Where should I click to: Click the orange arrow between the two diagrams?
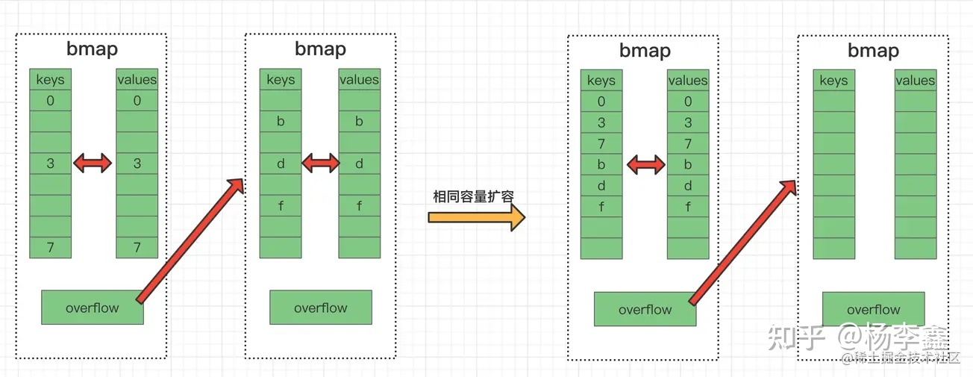pyautogui.click(x=477, y=217)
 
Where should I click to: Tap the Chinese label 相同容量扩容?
pyautogui.click(x=474, y=196)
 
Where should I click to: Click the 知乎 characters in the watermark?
pyautogui.click(x=796, y=337)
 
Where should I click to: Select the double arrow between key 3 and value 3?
pyautogui.click(x=93, y=163)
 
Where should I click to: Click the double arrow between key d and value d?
pyautogui.click(x=321, y=163)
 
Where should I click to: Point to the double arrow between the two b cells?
pyautogui.click(x=646, y=165)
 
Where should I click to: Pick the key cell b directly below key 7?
pyautogui.click(x=601, y=165)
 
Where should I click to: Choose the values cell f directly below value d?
pyautogui.click(x=688, y=207)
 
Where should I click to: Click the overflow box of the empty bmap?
pyautogui.click(x=874, y=309)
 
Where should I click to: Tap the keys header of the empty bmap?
pyautogui.click(x=834, y=81)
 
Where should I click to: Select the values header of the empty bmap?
pyautogui.click(x=916, y=81)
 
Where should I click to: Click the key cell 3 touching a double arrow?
pyautogui.click(x=51, y=163)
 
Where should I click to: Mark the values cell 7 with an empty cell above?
pyautogui.click(x=137, y=247)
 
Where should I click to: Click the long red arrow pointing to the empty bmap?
pyautogui.click(x=742, y=242)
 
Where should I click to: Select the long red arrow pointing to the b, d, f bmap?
pyautogui.click(x=190, y=240)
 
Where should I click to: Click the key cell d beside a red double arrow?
pyautogui.click(x=281, y=163)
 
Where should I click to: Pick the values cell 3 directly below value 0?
pyautogui.click(x=688, y=122)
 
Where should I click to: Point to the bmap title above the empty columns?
pyautogui.click(x=874, y=51)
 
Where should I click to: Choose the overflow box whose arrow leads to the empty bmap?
pyautogui.click(x=645, y=309)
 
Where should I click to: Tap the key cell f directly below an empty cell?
pyautogui.click(x=281, y=206)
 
